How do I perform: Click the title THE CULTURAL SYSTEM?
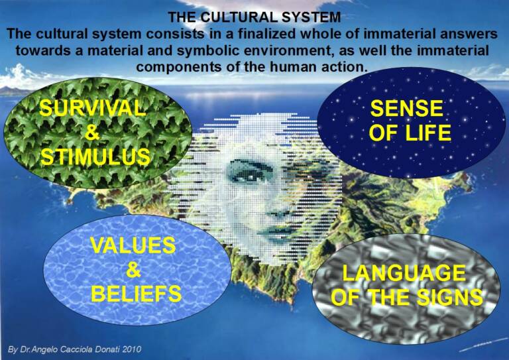(x=254, y=17)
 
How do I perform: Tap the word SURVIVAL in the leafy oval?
(x=93, y=108)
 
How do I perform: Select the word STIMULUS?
(x=95, y=156)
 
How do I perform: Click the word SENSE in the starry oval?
(x=407, y=108)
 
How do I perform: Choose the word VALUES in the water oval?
(x=133, y=245)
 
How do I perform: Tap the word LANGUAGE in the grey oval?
(x=404, y=273)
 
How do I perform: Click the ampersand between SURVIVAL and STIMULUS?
(x=92, y=133)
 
